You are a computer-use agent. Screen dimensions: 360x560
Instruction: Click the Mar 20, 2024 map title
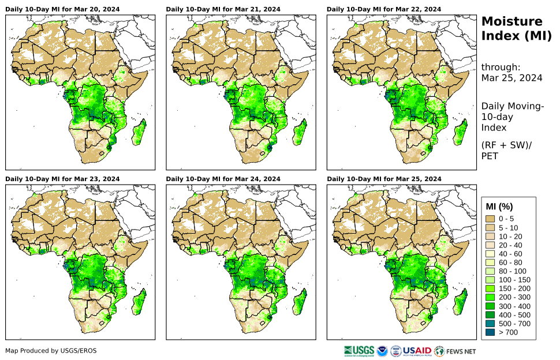point(62,9)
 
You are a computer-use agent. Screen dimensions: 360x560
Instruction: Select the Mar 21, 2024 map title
point(223,9)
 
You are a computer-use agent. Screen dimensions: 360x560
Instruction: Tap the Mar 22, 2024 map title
point(383,9)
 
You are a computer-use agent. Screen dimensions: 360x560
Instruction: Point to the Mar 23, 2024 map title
point(62,179)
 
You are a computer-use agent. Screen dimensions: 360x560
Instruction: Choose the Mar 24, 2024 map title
point(223,179)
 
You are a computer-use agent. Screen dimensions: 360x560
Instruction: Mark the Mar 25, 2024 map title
point(383,179)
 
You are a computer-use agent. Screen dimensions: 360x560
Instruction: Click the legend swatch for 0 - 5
point(491,219)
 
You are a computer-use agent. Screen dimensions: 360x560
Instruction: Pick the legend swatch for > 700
point(491,332)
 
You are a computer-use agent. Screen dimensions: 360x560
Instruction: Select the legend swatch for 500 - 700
point(491,324)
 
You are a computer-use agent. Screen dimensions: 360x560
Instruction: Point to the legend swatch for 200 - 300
point(491,297)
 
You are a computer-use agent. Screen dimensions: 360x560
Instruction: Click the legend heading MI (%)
point(499,207)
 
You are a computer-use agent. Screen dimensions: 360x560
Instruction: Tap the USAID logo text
point(417,350)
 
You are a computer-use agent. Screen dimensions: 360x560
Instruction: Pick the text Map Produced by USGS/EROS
point(43,351)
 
